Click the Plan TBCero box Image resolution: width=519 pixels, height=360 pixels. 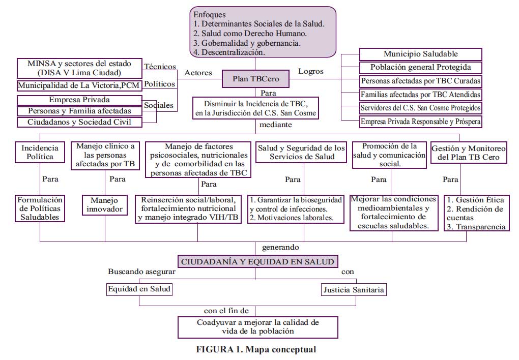point(255,79)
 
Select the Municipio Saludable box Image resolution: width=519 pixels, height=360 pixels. point(420,54)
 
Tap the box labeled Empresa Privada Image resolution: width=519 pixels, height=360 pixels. point(79,100)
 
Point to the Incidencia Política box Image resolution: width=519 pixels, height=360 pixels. point(40,152)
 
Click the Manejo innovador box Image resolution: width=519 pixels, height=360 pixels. point(105,205)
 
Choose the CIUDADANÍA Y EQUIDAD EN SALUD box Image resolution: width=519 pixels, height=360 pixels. point(257,261)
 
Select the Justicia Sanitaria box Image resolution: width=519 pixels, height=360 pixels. point(354,290)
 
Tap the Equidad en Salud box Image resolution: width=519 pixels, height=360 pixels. point(139,289)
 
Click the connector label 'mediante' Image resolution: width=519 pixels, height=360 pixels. point(276,125)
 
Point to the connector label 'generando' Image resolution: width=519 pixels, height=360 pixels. point(280,247)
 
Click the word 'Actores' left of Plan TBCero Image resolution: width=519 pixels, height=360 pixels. point(198,73)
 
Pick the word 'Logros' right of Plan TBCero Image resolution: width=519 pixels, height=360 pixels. point(311,71)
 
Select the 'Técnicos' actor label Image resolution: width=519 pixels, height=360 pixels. point(160,67)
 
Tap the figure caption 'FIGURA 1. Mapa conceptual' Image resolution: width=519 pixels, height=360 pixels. point(256,349)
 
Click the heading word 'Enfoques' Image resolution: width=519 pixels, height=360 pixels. point(210,15)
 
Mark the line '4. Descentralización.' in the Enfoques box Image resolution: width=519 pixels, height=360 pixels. point(229,52)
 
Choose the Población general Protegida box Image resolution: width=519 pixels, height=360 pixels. point(420,67)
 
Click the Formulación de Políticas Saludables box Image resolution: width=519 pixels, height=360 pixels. point(40,208)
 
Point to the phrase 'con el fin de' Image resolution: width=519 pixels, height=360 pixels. point(226,311)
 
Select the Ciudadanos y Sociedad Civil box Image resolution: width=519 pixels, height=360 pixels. point(79,122)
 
